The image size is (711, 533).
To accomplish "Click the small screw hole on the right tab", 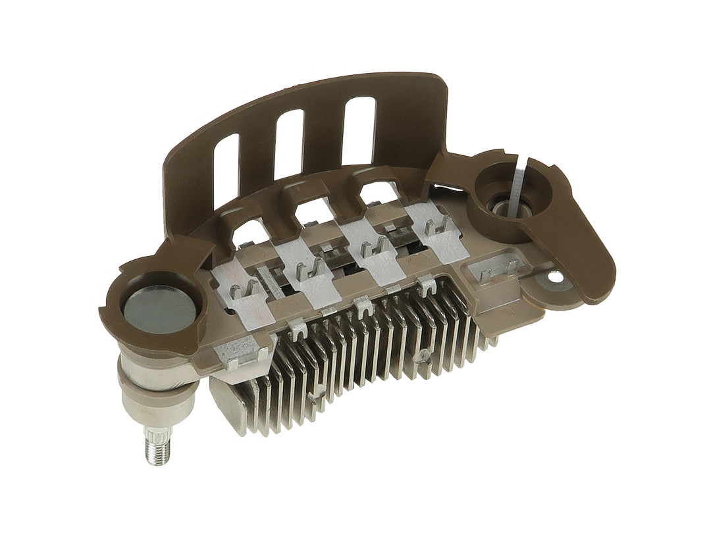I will click(559, 278).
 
